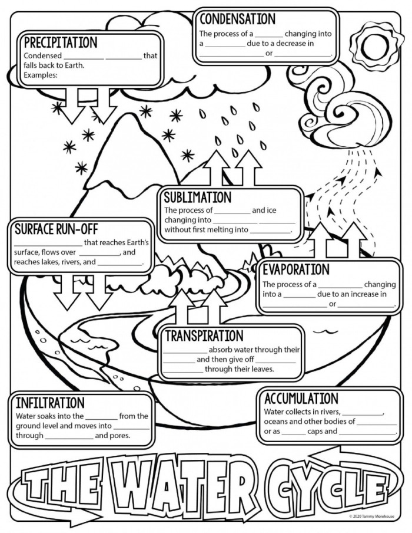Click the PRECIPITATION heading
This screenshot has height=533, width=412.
click(x=60, y=42)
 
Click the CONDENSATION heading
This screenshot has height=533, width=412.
click(x=237, y=18)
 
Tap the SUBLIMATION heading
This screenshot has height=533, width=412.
click(x=198, y=197)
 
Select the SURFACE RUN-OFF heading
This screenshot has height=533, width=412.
click(x=56, y=229)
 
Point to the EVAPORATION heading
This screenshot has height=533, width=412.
click(x=295, y=269)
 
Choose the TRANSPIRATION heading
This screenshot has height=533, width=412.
click(x=204, y=335)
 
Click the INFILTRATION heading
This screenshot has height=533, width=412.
click(x=50, y=403)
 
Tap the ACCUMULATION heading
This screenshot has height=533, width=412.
click(x=301, y=398)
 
